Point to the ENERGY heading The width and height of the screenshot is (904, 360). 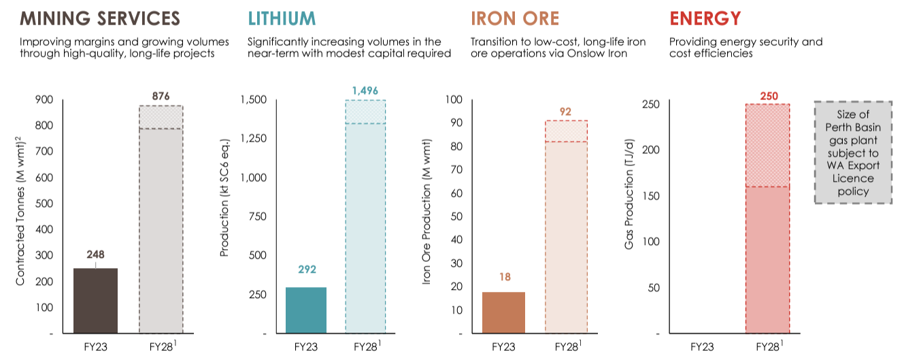coord(705,18)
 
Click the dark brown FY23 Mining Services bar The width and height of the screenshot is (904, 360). coord(95,301)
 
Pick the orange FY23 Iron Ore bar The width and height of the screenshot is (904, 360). coord(503,313)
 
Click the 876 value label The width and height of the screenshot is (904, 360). coord(161,96)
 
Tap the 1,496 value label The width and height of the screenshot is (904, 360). coord(365,91)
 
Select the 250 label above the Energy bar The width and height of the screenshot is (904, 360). coord(767,95)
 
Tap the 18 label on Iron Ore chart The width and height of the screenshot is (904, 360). coord(504,277)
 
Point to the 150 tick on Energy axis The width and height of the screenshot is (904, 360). coord(650,196)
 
